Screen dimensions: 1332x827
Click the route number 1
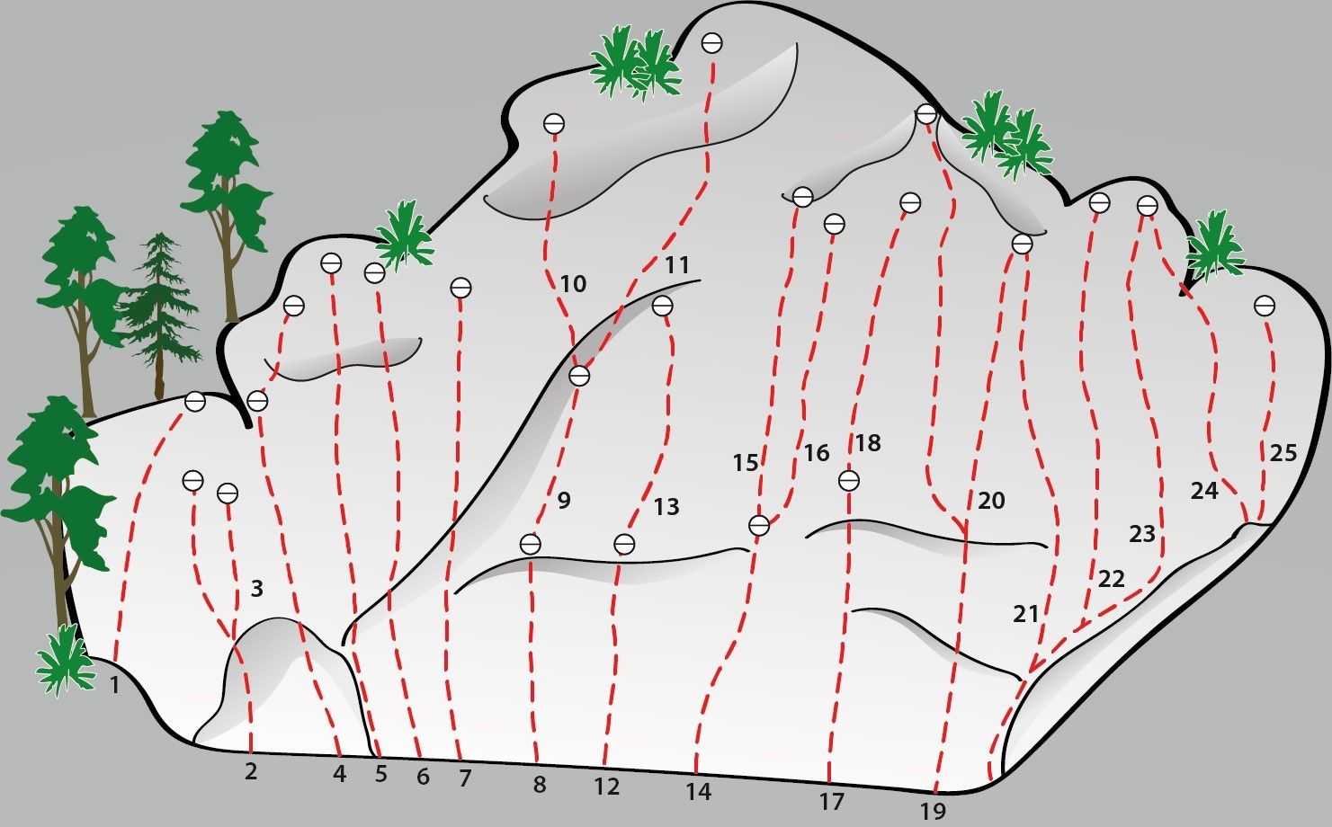tap(115, 686)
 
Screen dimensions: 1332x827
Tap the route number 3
tap(256, 589)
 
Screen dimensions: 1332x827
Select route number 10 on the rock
tap(573, 283)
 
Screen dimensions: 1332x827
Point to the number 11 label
tap(676, 264)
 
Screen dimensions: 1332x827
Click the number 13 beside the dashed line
tap(666, 507)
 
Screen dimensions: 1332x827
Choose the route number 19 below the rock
tap(933, 811)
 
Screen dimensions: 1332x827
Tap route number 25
tap(1283, 453)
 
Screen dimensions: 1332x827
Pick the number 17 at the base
tap(832, 802)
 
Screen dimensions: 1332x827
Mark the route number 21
tap(1026, 614)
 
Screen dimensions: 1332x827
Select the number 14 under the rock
tap(698, 791)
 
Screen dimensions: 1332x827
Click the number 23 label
tap(1141, 534)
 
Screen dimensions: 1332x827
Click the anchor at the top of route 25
tap(1265, 306)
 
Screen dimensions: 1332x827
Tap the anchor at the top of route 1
tap(195, 401)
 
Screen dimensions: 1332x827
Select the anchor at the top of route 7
tap(460, 288)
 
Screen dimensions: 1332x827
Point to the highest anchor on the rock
tap(711, 43)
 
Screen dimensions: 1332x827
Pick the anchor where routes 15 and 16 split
tap(759, 526)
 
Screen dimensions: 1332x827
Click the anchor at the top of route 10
tap(554, 124)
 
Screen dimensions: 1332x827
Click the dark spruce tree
tap(158, 316)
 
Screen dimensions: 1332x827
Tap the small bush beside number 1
tap(65, 660)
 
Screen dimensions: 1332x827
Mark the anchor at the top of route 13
tap(663, 306)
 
